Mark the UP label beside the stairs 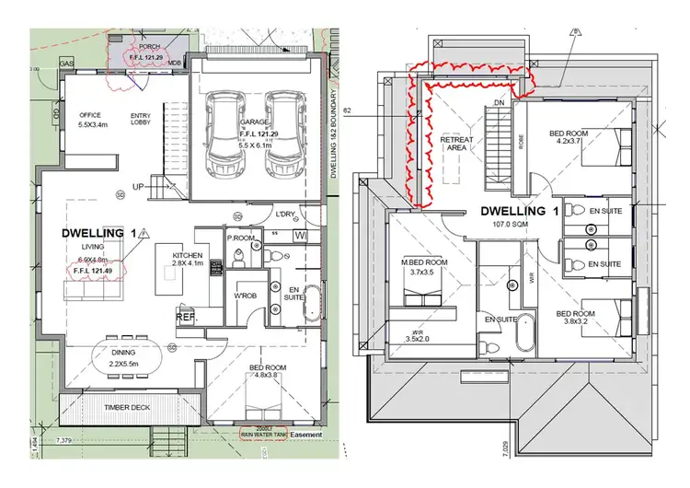click(139, 187)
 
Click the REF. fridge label click(185, 318)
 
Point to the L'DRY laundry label click(285, 215)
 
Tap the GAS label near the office click(66, 64)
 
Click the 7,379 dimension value click(63, 443)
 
